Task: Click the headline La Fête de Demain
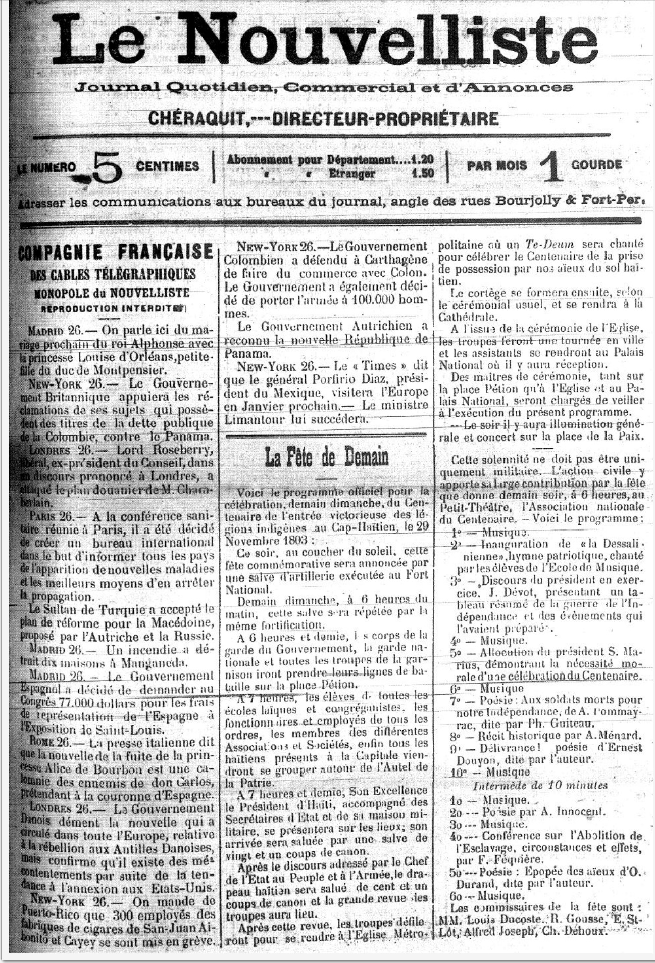coord(327,457)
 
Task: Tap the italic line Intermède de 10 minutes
coord(540,785)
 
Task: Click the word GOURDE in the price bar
coord(596,165)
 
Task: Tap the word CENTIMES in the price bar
coord(168,166)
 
